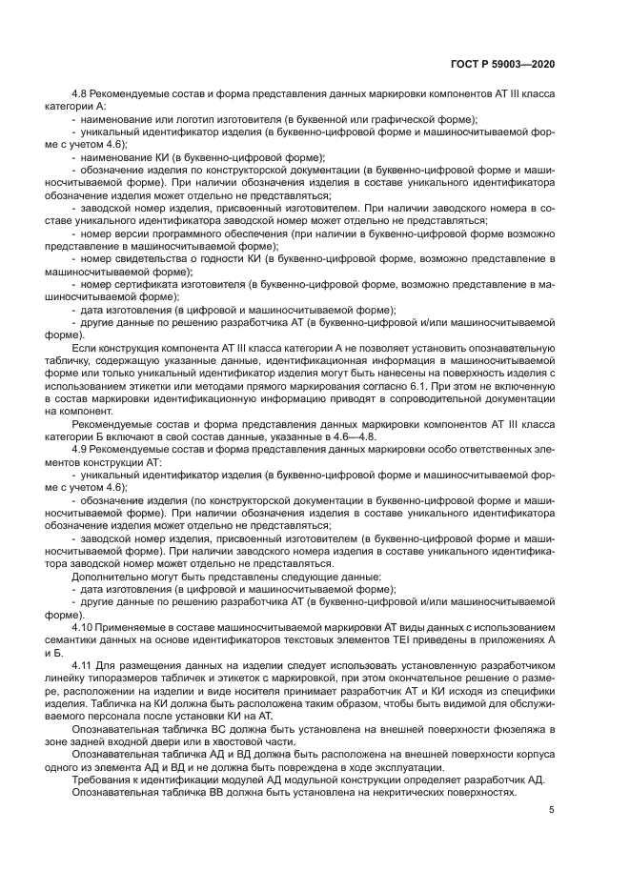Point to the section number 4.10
(86, 627)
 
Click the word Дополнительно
(111, 577)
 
